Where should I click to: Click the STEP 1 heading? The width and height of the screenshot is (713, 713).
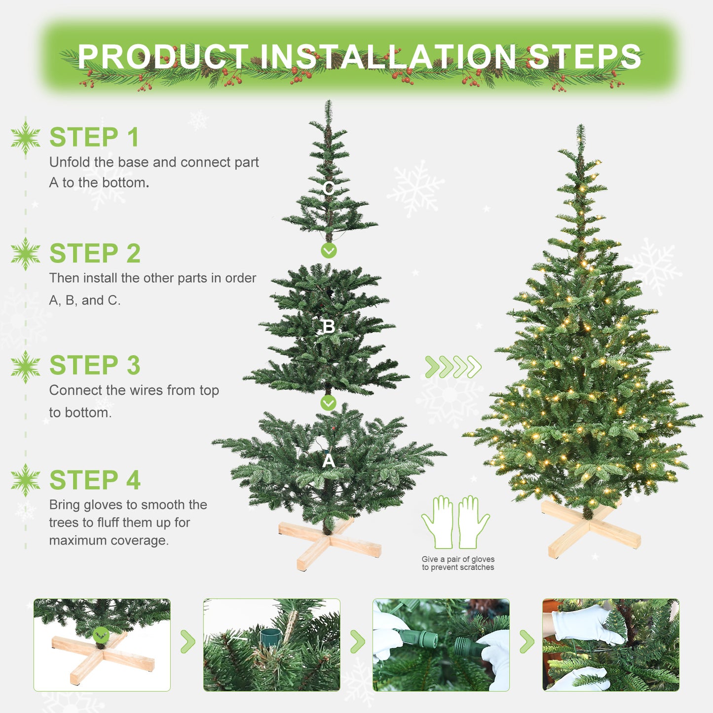tap(94, 138)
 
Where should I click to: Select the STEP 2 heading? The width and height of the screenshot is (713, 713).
tap(95, 254)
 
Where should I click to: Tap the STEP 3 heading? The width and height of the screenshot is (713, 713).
tap(95, 366)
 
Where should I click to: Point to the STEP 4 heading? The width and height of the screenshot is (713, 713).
tap(95, 481)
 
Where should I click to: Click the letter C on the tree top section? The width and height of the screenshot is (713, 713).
tap(329, 188)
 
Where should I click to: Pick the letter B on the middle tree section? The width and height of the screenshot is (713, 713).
tap(328, 327)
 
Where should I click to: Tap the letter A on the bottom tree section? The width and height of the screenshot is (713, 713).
tap(328, 461)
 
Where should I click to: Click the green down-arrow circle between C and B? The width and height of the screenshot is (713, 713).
tap(329, 251)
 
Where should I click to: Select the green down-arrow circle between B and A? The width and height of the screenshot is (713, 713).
tap(328, 403)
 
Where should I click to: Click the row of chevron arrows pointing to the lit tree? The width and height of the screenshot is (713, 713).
tap(453, 367)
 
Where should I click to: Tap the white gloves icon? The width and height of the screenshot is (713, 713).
tap(455, 522)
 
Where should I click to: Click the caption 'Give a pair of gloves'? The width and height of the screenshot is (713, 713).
tap(458, 560)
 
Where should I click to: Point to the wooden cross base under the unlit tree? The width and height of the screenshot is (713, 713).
tap(330, 543)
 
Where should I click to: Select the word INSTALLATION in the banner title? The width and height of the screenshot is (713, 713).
tap(388, 57)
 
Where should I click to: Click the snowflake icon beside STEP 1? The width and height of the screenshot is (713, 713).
tap(26, 138)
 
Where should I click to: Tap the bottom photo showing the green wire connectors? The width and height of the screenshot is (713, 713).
tap(441, 645)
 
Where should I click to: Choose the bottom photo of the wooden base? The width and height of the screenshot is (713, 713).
tap(102, 645)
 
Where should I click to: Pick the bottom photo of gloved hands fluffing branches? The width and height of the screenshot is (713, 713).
tap(610, 645)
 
